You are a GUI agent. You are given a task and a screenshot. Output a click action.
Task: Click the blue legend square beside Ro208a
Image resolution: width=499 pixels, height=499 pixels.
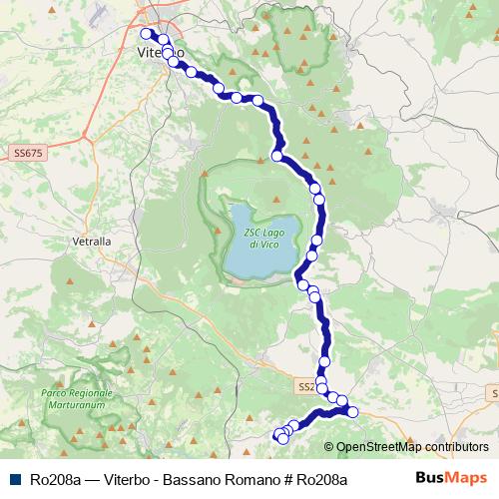(13, 479)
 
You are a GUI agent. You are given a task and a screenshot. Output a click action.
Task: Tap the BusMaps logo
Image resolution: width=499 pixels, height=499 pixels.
(451, 478)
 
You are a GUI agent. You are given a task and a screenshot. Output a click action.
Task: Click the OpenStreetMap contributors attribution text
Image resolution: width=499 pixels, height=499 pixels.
(413, 447)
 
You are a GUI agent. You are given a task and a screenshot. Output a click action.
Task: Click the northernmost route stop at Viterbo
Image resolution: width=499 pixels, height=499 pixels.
(147, 33)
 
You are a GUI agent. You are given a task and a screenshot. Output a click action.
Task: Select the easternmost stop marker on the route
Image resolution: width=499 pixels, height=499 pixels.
(352, 412)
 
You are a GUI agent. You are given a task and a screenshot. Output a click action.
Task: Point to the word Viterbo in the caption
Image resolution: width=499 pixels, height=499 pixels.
(123, 479)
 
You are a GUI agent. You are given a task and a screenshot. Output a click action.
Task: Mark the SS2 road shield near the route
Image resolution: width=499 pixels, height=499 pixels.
(305, 385)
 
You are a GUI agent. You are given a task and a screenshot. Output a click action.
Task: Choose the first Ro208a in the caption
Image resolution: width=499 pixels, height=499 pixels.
(56, 479)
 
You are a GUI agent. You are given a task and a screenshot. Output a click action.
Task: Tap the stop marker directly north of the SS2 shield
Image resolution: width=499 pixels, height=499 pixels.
(324, 362)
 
